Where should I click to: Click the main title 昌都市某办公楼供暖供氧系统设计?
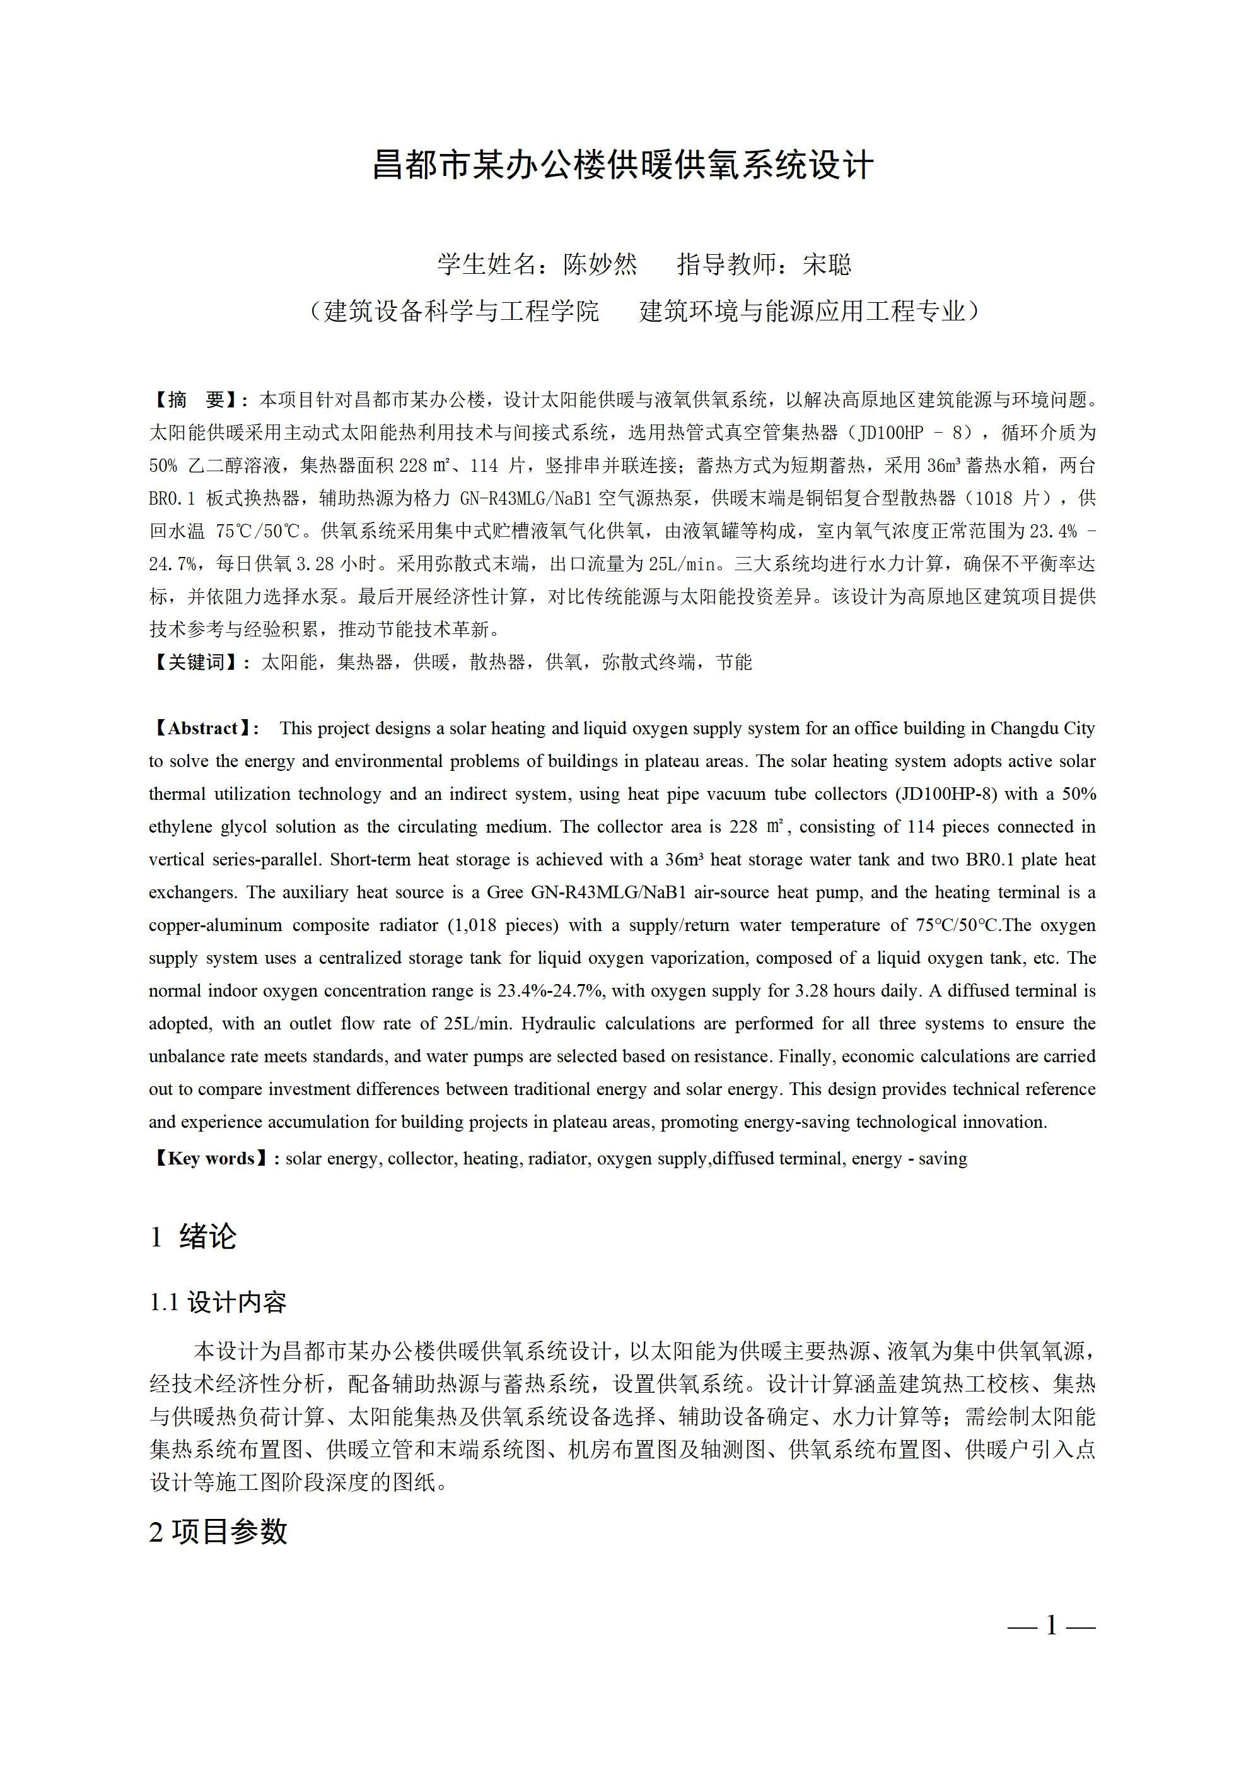pos(623,165)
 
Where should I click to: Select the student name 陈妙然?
pos(600,264)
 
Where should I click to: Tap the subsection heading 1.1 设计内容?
pos(218,1303)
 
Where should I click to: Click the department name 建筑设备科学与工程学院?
pos(461,311)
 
